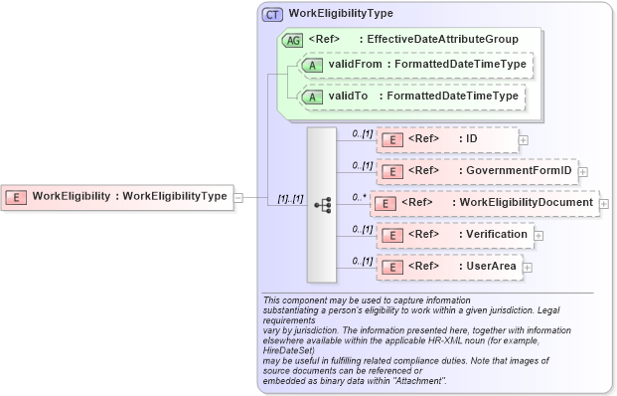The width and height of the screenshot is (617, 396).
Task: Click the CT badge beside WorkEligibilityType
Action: click(x=272, y=14)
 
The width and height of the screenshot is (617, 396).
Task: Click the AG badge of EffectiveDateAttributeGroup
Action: click(x=293, y=40)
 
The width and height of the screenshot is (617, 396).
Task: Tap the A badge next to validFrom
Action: click(x=311, y=65)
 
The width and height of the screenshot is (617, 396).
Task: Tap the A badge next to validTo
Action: click(x=311, y=97)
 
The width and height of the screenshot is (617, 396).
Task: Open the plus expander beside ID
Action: click(x=524, y=140)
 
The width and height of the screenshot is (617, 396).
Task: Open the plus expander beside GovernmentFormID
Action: click(x=583, y=171)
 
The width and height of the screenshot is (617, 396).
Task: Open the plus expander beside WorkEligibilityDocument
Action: click(x=604, y=203)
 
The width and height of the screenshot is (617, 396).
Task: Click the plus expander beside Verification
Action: click(x=539, y=235)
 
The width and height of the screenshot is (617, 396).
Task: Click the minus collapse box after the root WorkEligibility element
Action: click(x=236, y=196)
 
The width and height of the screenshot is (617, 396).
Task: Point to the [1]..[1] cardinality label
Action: click(x=289, y=200)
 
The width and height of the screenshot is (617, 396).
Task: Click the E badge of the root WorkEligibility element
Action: click(x=18, y=196)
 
